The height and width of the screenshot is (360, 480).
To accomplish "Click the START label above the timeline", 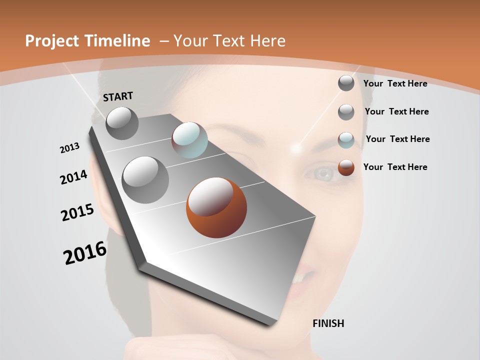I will click(118, 96).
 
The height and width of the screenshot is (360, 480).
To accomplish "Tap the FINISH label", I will click(328, 323).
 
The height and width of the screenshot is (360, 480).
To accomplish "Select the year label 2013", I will click(70, 148).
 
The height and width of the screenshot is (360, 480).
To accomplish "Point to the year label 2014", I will click(74, 177).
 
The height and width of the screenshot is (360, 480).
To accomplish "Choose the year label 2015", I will click(77, 212).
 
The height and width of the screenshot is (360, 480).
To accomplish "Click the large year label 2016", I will click(85, 253).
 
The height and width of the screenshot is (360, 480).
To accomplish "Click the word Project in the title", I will click(51, 41).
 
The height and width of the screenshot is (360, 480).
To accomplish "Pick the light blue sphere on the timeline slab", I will click(189, 140).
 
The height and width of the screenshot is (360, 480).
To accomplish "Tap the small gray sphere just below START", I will click(122, 123).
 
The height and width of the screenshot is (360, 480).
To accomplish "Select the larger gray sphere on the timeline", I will click(145, 180).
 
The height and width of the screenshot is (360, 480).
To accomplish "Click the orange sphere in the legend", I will click(346, 167).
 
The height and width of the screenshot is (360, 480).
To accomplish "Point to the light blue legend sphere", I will click(346, 140).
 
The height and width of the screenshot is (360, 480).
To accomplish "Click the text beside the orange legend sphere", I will click(395, 167).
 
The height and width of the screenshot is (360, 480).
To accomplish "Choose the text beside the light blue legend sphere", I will click(397, 139).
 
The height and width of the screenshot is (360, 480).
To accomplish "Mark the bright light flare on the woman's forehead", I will click(296, 148).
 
